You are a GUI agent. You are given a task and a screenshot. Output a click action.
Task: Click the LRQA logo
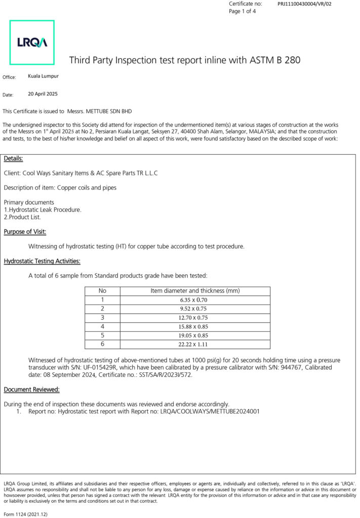pos(32,42)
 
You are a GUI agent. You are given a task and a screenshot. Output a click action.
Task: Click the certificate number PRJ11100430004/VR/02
pos(304,4)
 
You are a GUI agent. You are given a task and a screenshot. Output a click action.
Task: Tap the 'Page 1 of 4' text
pos(243,11)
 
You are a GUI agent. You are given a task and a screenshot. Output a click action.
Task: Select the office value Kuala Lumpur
pos(43,76)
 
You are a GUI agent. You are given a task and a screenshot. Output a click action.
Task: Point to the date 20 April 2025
pos(43,94)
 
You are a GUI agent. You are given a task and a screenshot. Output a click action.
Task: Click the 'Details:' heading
pos(13,159)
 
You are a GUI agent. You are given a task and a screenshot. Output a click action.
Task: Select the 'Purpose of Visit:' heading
pos(25,232)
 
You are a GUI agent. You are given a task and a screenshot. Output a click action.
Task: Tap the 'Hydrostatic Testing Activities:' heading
pos(42,261)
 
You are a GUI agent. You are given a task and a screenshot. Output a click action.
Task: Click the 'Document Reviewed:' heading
pos(31,390)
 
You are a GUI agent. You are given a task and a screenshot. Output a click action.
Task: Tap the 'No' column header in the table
pos(102,291)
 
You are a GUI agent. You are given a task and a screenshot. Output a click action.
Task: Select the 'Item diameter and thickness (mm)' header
pos(195,291)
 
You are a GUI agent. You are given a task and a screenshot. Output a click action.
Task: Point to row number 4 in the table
pos(102,326)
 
